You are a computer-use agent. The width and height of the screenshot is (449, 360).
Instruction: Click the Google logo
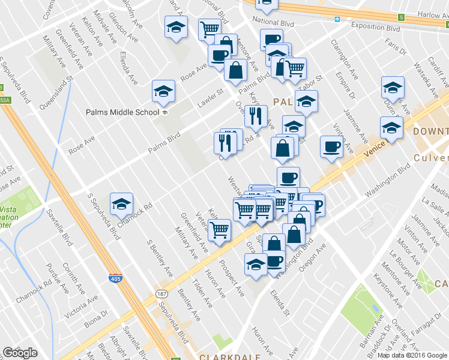pyautogui.click(x=20, y=352)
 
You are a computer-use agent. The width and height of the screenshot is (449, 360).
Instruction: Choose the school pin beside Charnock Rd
pyautogui.click(x=121, y=204)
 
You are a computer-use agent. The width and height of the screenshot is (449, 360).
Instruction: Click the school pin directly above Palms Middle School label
pyautogui.click(x=163, y=91)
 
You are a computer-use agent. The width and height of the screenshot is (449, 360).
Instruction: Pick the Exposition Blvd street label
pyautogui.click(x=376, y=28)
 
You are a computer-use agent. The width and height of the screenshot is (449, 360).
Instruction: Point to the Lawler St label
pyautogui.click(x=211, y=98)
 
